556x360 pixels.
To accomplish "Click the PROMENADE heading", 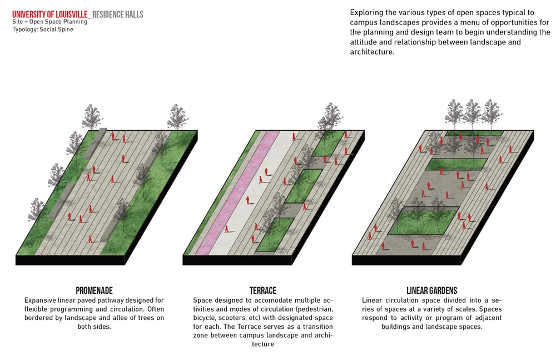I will click(94, 290).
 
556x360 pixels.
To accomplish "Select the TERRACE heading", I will click(263, 290).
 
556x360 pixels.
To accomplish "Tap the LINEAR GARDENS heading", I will click(431, 290).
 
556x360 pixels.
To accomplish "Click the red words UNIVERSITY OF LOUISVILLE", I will click(50, 14).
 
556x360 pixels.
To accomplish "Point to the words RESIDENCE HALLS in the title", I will click(118, 14).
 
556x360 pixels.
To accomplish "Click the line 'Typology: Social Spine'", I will click(43, 29).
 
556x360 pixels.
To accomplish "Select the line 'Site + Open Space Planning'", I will click(49, 22).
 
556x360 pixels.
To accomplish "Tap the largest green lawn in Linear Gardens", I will click(423, 221).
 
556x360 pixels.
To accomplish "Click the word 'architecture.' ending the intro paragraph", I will click(372, 52).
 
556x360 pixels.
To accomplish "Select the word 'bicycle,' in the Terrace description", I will click(207, 318).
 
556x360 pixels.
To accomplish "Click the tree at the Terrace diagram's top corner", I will click(330, 117).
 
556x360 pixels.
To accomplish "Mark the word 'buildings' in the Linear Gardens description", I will click(399, 327).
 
